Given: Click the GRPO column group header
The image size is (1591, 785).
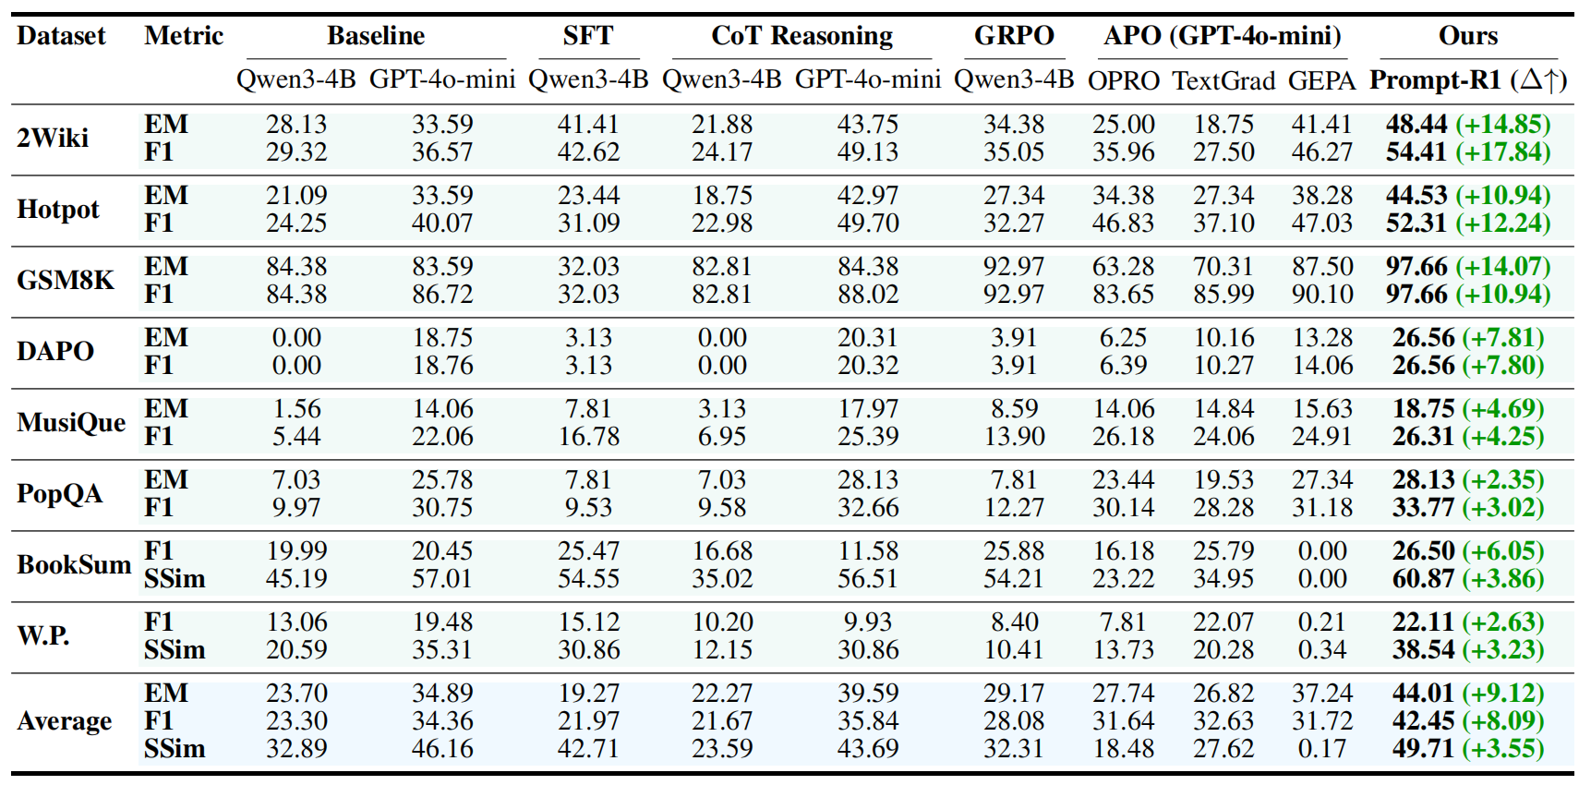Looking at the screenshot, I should [x=1014, y=36].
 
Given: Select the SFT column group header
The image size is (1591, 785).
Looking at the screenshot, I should [x=587, y=36].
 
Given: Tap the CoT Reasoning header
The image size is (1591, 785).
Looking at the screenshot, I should [x=802, y=36].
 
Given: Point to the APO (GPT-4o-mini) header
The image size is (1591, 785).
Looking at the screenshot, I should [x=1222, y=36].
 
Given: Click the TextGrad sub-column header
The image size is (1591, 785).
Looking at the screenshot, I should [x=1223, y=81].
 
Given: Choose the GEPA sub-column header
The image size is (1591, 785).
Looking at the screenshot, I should [x=1321, y=81].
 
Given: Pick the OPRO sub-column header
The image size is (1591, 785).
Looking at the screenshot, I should [x=1123, y=81].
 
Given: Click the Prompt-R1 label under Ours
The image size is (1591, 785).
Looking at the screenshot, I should [x=1435, y=80].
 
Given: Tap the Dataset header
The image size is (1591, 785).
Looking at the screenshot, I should [x=61, y=36].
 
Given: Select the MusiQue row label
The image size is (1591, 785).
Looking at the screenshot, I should [x=71, y=423].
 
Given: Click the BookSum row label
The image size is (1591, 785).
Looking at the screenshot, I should [x=74, y=565].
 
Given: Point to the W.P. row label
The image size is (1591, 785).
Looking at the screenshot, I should [x=43, y=636].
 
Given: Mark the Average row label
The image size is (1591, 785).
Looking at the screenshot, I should [x=65, y=721].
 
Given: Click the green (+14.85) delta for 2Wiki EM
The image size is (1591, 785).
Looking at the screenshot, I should [x=1502, y=125].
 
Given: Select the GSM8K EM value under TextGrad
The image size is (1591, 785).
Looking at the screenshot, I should [x=1223, y=267].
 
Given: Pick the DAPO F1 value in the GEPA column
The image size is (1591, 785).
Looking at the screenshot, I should [x=1322, y=366].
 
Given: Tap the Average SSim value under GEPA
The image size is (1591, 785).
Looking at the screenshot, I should [x=1322, y=749].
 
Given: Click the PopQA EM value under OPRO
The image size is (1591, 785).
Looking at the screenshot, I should [x=1123, y=480].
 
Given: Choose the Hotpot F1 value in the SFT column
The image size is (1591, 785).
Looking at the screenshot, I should [x=588, y=223].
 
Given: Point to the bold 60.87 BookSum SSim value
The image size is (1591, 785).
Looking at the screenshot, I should [x=1423, y=579].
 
